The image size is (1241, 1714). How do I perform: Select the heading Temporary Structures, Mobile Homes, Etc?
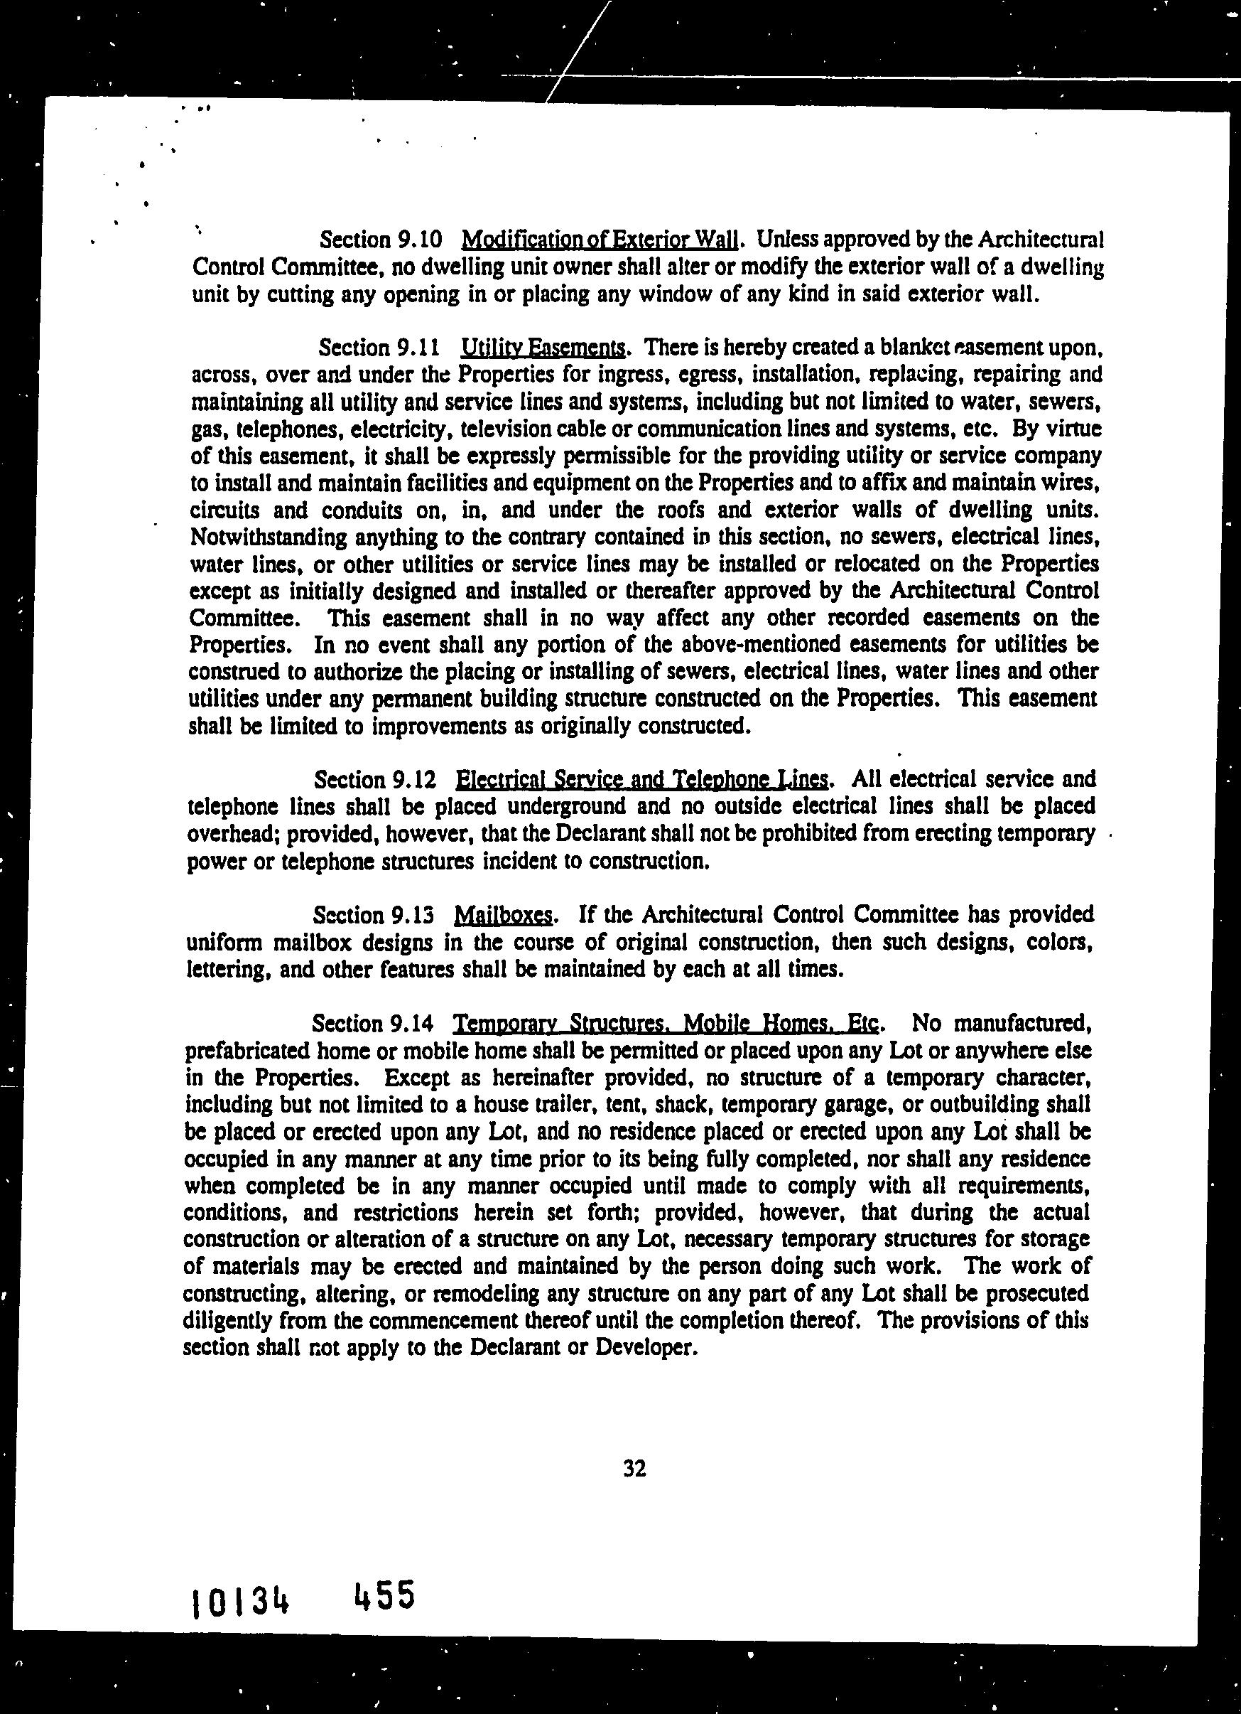(x=666, y=1023)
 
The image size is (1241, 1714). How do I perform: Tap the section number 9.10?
(x=418, y=240)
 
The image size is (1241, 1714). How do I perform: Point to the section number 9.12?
(x=415, y=779)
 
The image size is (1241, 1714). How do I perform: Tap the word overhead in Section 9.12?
(x=232, y=834)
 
